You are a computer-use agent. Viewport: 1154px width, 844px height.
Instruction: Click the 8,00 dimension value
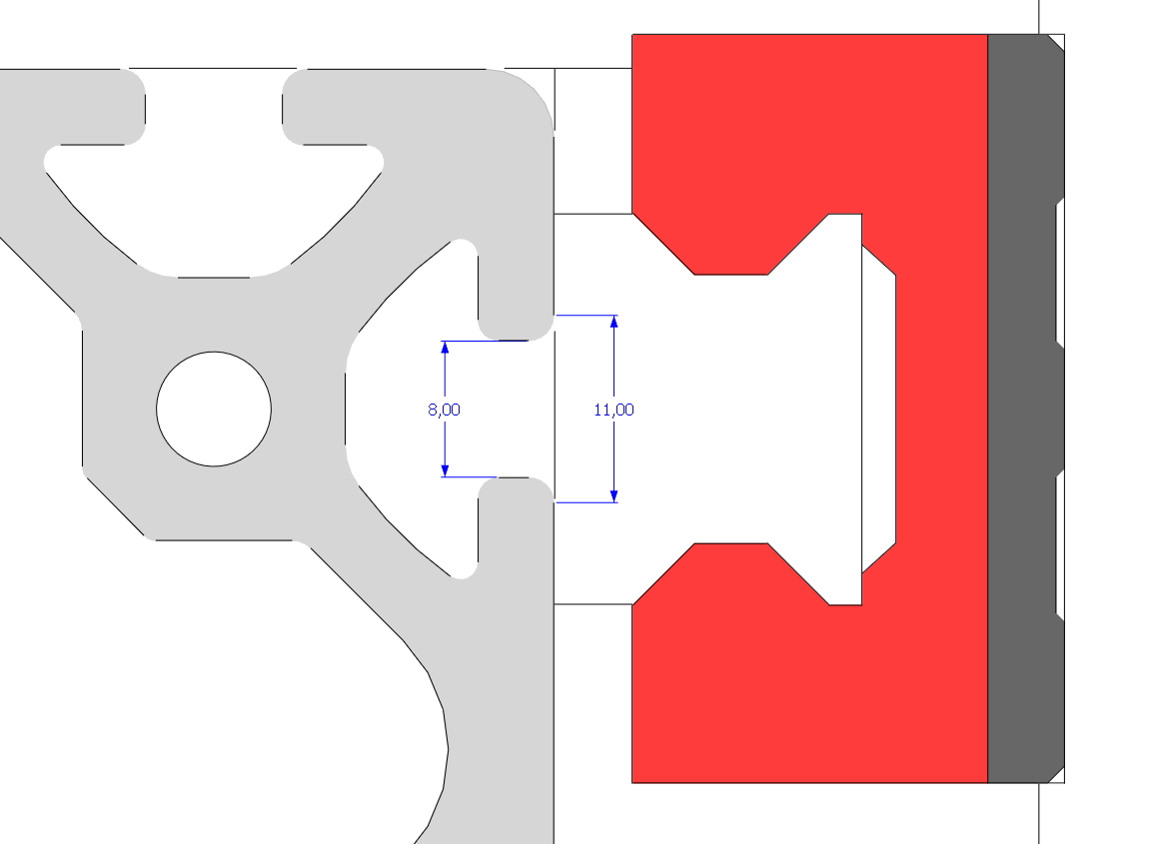coord(444,410)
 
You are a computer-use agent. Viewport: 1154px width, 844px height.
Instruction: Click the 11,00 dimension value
coord(613,410)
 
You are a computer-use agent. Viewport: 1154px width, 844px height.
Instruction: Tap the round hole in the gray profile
coord(214,409)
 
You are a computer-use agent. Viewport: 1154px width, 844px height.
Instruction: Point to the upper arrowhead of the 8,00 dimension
coord(445,349)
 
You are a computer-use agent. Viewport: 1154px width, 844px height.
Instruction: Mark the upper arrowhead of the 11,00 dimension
coord(614,323)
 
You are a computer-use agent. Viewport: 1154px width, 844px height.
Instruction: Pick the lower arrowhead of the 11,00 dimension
coord(614,494)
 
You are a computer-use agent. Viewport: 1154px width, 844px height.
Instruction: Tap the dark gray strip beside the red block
coord(1021,410)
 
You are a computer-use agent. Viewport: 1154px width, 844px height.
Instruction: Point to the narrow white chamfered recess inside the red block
coord(878,410)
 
